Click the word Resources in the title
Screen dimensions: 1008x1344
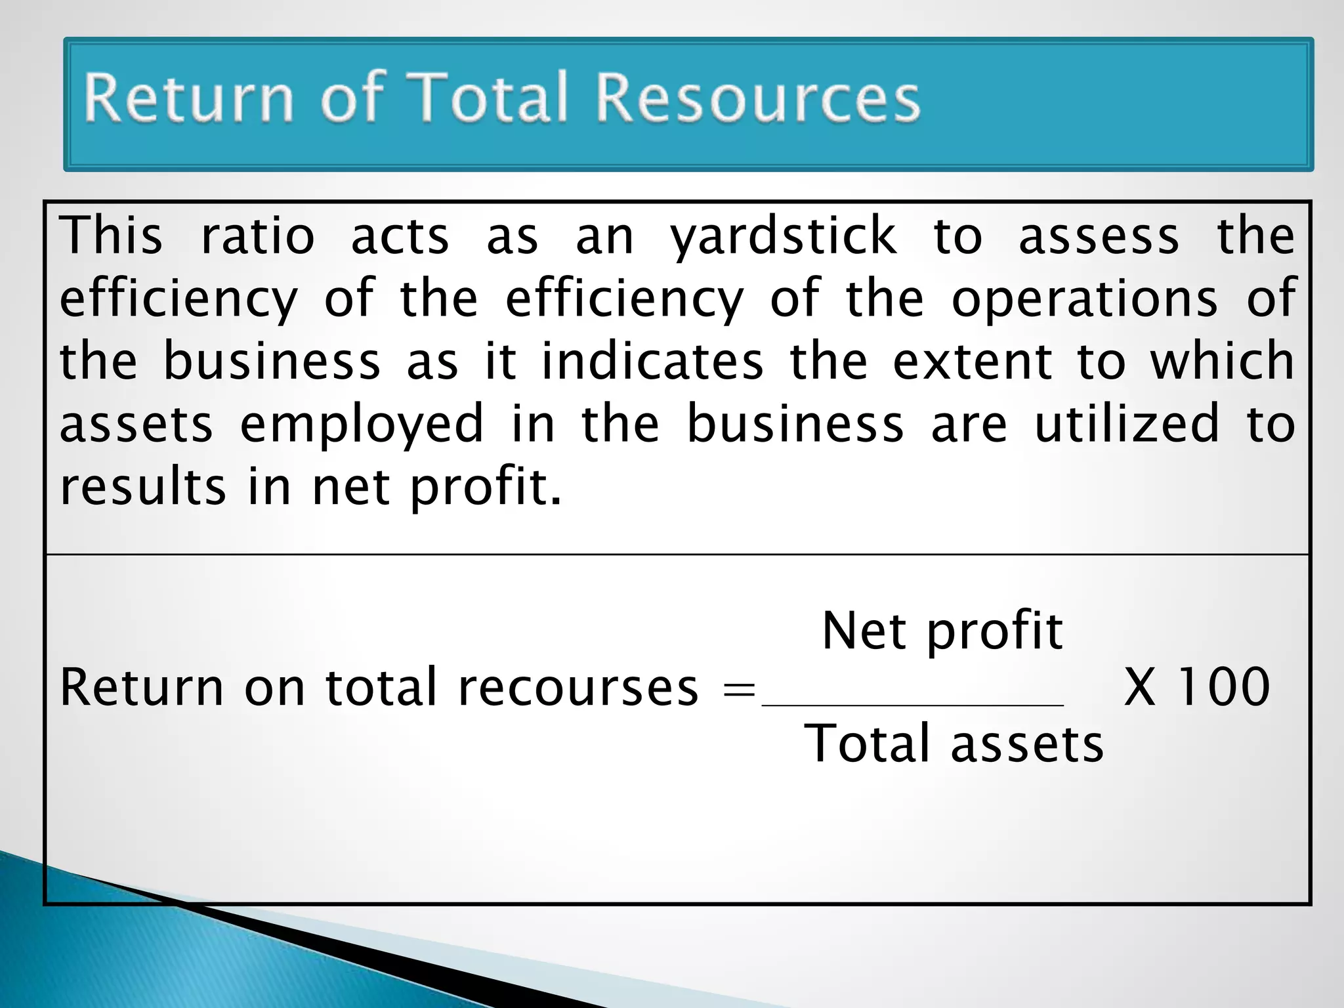coord(758,98)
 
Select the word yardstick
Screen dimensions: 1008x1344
coord(783,236)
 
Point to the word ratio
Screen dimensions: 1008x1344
coord(257,236)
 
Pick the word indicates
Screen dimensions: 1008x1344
coord(652,361)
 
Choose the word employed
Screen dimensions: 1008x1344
coord(362,425)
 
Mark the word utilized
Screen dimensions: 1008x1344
coord(1127,424)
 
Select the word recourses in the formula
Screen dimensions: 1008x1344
coord(578,688)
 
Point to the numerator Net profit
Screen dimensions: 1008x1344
coord(942,631)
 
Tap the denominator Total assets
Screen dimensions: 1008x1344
coord(954,744)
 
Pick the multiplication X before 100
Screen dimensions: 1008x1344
coord(1140,687)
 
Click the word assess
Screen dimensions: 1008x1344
coord(1099,236)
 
